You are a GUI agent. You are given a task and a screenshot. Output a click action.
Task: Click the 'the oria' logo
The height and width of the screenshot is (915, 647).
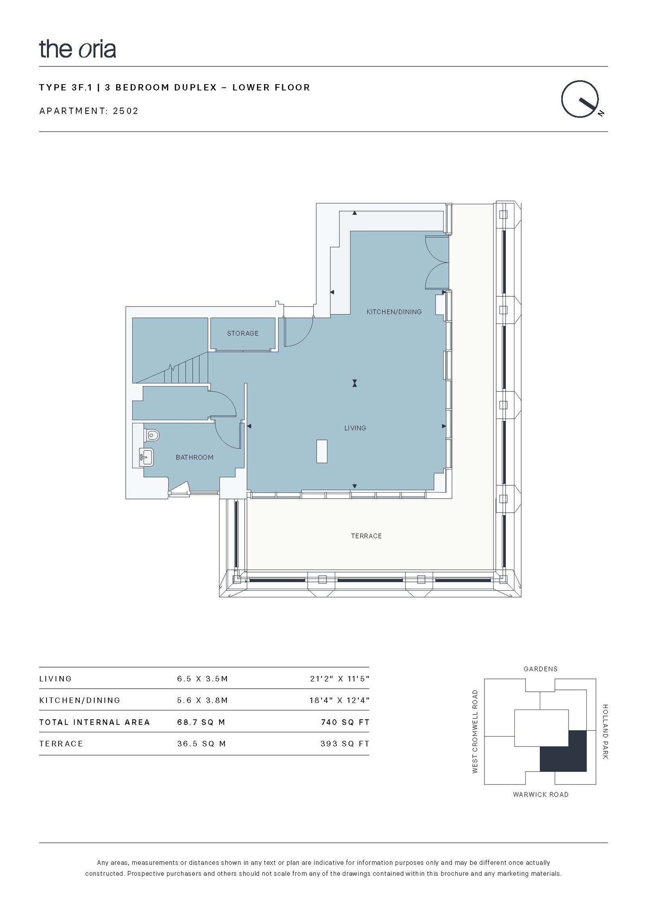(77, 49)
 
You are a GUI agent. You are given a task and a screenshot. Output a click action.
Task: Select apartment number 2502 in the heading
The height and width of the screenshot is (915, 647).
(126, 111)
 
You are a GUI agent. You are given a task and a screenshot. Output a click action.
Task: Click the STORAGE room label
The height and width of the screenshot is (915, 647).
(243, 334)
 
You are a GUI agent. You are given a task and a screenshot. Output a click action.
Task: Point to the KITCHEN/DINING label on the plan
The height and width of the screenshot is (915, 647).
(394, 312)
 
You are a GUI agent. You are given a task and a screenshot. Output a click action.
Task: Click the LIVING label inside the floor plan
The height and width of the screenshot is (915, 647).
(355, 428)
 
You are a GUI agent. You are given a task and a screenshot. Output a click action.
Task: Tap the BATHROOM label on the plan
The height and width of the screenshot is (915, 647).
(195, 457)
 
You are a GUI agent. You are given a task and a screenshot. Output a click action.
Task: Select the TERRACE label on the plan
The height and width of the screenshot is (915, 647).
(366, 536)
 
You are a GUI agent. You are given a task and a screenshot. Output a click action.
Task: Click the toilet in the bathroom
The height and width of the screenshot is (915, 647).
(152, 435)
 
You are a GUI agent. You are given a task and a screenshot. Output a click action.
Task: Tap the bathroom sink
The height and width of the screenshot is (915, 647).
(146, 457)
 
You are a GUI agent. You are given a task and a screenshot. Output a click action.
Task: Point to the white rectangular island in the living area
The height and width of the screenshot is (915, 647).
(322, 451)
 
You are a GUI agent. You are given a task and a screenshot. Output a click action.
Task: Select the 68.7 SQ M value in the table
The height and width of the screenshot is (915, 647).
(201, 722)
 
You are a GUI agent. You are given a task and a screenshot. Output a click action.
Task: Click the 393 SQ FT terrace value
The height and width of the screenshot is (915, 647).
(345, 744)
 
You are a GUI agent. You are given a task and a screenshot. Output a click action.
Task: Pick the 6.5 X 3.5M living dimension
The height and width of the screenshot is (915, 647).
(203, 679)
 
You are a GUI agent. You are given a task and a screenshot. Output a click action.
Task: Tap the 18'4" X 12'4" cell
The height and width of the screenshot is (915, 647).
(340, 700)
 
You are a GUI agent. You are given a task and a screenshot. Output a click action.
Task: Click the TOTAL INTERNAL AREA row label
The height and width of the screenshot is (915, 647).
(95, 722)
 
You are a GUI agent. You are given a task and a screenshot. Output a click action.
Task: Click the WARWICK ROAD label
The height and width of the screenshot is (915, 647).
(541, 795)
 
